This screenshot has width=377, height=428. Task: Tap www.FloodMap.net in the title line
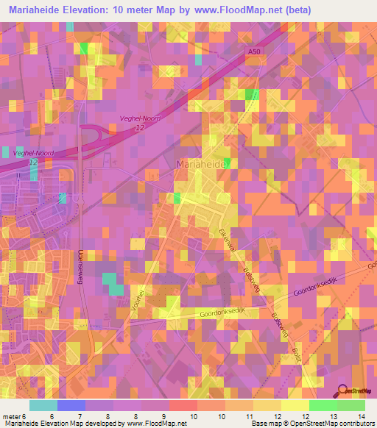coord(236,10)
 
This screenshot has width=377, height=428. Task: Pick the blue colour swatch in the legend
coord(71,405)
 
